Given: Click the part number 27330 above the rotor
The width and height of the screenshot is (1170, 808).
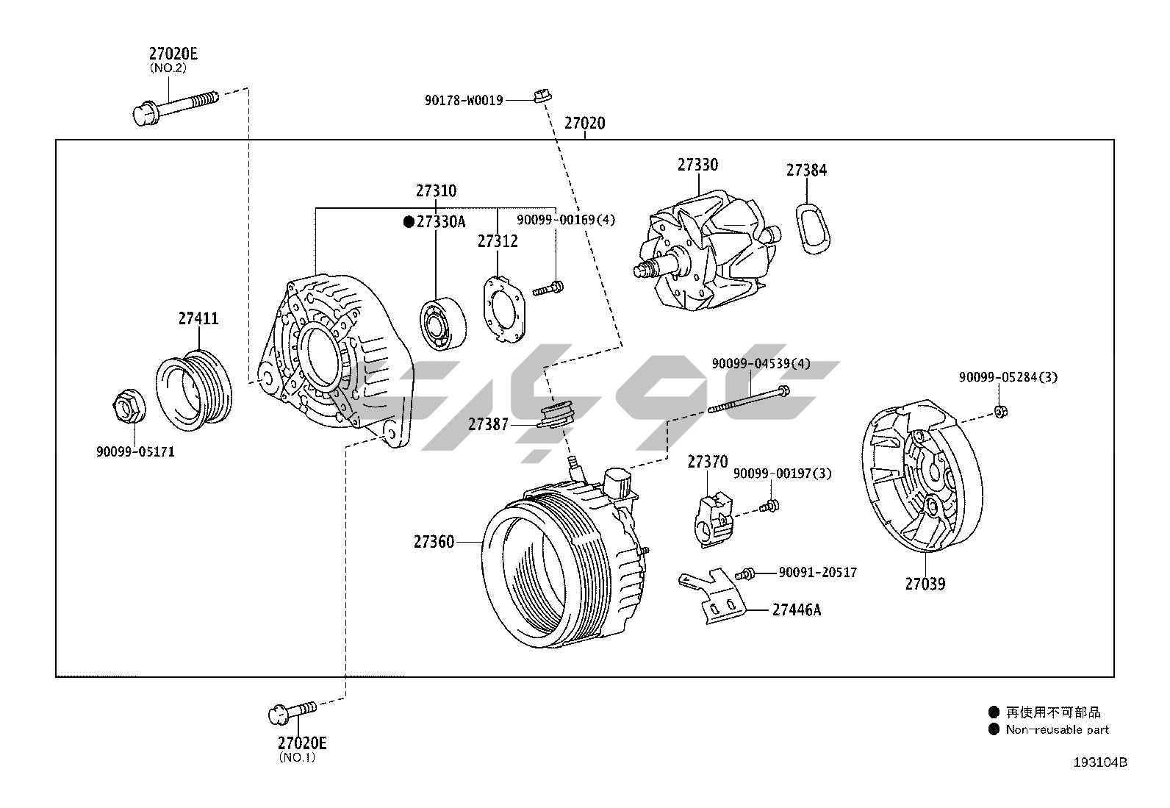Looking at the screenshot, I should coord(697,165).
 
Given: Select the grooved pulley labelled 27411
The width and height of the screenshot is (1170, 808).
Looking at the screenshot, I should coord(194,389).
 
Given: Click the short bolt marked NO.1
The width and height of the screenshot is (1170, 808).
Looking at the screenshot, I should coord(292,710).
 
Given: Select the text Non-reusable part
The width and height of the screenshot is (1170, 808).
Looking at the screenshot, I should coord(1057,729).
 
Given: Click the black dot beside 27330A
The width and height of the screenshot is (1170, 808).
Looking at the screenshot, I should coord(409,221).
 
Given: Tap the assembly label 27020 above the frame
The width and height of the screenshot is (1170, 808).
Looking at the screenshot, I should coord(584,124).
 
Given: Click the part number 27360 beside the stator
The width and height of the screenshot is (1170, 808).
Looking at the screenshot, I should coord(434,542).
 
